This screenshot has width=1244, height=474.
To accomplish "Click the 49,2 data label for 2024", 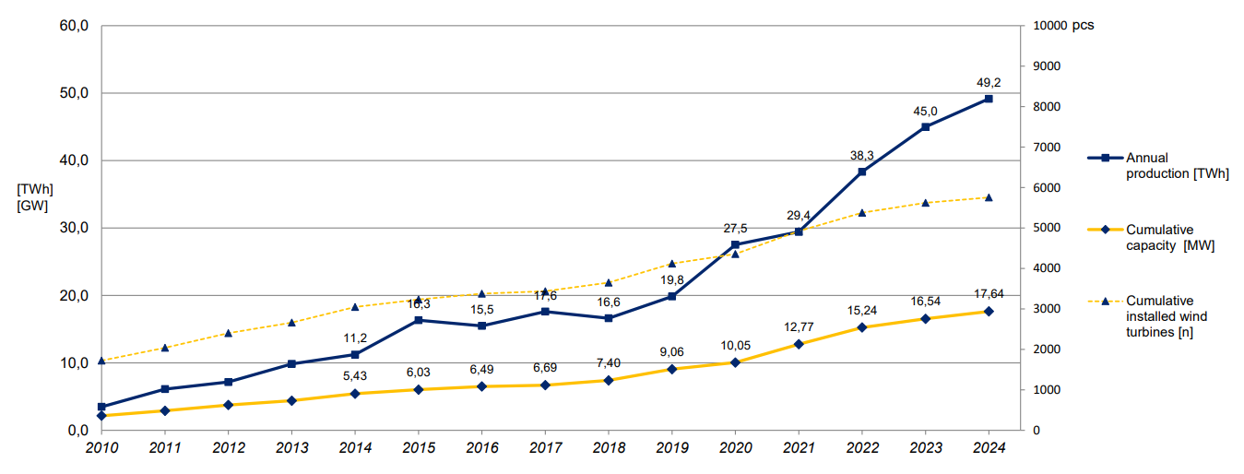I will pyautogui.click(x=989, y=83).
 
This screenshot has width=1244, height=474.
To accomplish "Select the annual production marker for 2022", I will pyautogui.click(x=862, y=172).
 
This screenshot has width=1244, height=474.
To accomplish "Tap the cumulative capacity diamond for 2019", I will pyautogui.click(x=671, y=369).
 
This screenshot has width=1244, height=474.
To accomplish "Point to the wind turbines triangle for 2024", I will pyautogui.click(x=989, y=197).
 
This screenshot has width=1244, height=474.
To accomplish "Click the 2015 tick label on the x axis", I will pyautogui.click(x=418, y=448).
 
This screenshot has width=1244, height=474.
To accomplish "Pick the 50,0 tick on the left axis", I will pyautogui.click(x=72, y=93).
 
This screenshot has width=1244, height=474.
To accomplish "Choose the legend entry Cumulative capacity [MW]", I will pyautogui.click(x=1169, y=238).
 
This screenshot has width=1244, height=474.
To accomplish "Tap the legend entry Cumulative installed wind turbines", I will pyautogui.click(x=1167, y=316).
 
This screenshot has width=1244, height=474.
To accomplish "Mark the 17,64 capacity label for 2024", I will pyautogui.click(x=989, y=294).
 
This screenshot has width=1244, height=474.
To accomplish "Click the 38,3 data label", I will pyautogui.click(x=862, y=155).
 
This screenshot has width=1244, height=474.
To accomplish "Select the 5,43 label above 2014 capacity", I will pyautogui.click(x=355, y=376).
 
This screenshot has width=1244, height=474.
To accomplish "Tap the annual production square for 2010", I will pyautogui.click(x=101, y=407).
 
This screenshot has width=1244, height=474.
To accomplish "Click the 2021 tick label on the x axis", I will pyautogui.click(x=799, y=448).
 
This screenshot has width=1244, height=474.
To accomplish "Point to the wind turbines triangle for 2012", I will pyautogui.click(x=228, y=333).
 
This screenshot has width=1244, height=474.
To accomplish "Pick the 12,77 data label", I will pyautogui.click(x=799, y=326).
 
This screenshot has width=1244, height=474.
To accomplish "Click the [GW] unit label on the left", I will pyautogui.click(x=32, y=206).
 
